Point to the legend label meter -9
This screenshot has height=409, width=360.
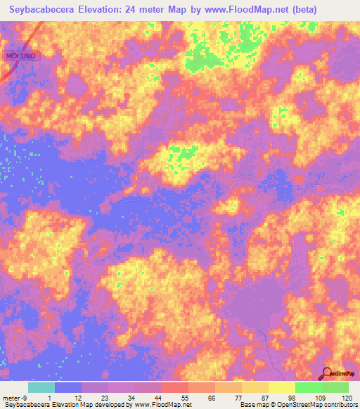click(14, 398)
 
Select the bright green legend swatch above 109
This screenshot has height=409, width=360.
click(308, 387)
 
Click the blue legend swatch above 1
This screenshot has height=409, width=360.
click(68, 387)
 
